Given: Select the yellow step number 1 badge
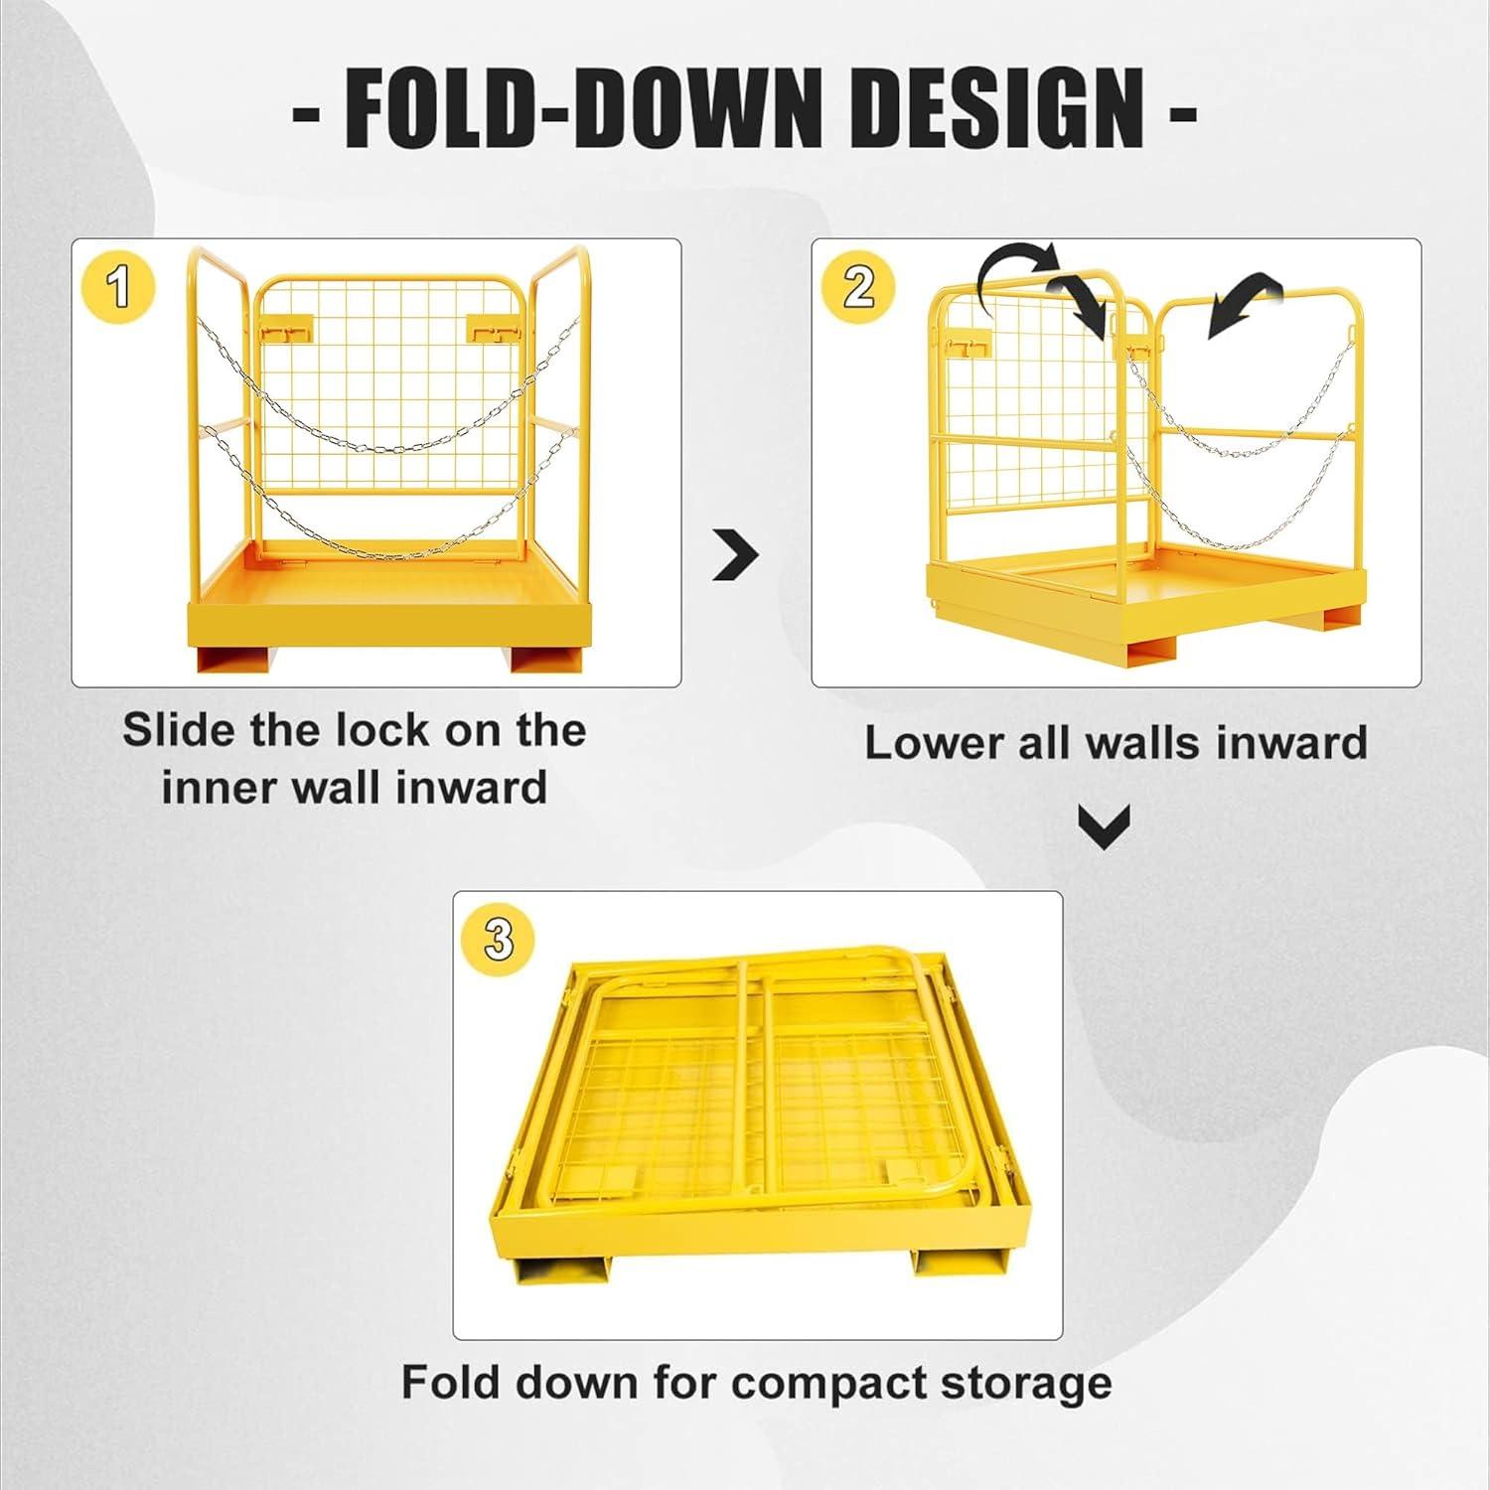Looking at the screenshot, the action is click(119, 287).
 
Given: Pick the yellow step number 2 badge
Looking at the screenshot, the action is click(859, 287).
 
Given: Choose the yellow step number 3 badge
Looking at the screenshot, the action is click(499, 938).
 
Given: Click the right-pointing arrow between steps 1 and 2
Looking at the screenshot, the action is click(736, 557).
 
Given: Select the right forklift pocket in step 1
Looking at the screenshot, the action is click(545, 660).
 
